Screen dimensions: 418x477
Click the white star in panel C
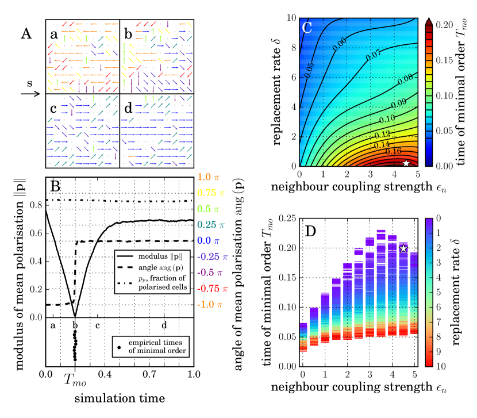406,163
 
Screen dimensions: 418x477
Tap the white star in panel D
403,248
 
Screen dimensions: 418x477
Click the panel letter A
26,34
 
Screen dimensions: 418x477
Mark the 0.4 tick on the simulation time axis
105,374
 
